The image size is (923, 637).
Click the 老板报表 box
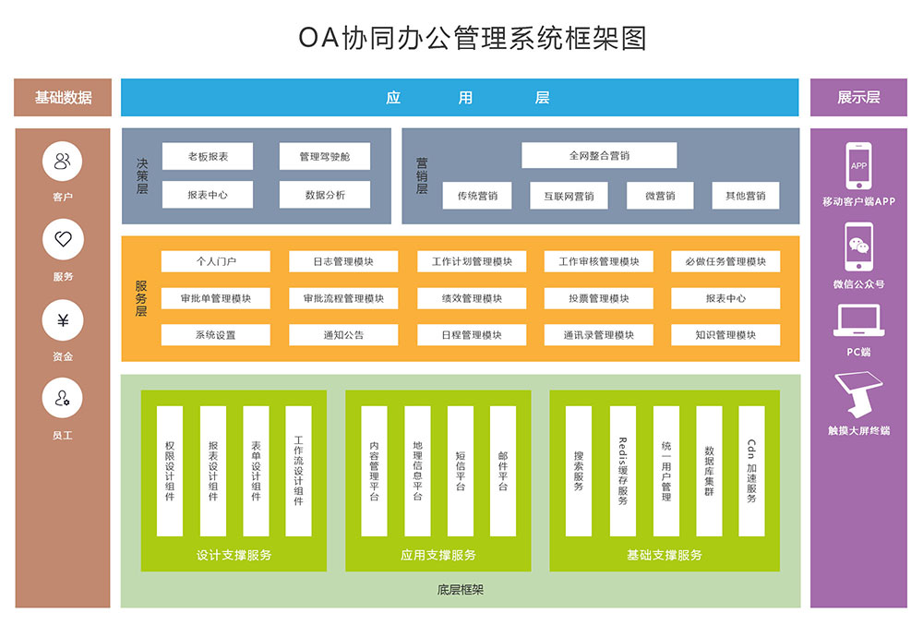[x=207, y=157]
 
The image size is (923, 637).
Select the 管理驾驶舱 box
[x=324, y=157]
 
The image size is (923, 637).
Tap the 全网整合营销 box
[x=599, y=156]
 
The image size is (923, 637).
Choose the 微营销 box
[x=660, y=196]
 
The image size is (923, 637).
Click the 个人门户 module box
[x=215, y=262]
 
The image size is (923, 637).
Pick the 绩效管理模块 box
[x=472, y=299]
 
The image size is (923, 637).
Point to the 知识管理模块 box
[x=725, y=335]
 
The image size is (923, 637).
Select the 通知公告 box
[x=343, y=335]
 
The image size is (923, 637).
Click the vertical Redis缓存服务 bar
[x=622, y=471]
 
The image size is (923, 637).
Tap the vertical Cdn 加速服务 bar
[x=751, y=471]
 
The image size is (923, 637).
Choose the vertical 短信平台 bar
[x=460, y=471]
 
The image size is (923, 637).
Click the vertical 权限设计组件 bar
[x=170, y=471]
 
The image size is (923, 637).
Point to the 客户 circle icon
[x=63, y=162]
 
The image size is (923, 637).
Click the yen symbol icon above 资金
[x=63, y=321]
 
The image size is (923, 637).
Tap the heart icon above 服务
[x=63, y=241]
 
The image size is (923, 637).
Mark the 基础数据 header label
[x=63, y=98]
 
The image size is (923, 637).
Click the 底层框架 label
[x=460, y=589]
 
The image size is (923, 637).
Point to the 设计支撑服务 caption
[x=234, y=555]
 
